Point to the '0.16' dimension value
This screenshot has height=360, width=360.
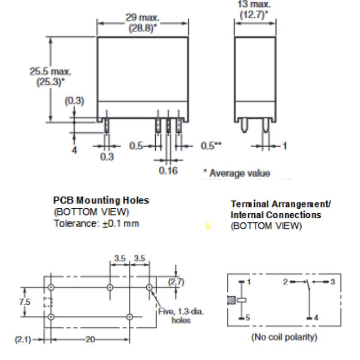[x=168, y=171]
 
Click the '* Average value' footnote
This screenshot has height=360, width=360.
[x=236, y=173]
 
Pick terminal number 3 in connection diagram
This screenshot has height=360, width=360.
[x=332, y=282]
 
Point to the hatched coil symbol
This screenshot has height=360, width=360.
[x=232, y=300]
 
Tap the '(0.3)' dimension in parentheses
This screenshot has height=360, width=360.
[x=74, y=100]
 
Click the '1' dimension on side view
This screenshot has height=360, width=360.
[x=284, y=146]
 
